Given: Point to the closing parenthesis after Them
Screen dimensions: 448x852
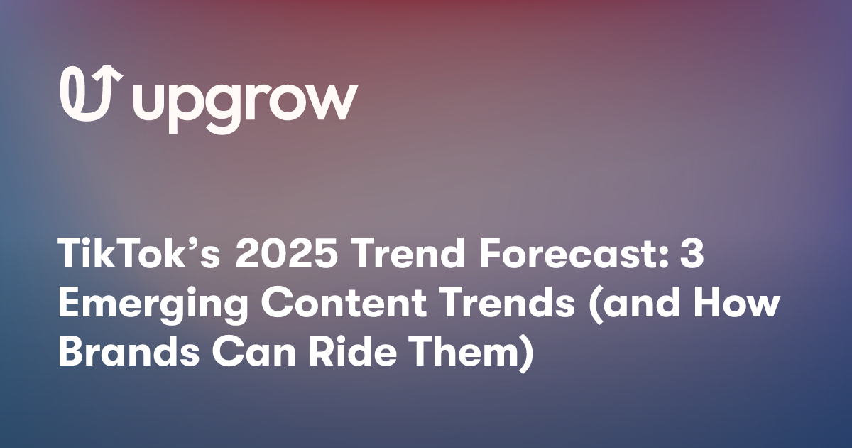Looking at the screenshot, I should click(x=525, y=353).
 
